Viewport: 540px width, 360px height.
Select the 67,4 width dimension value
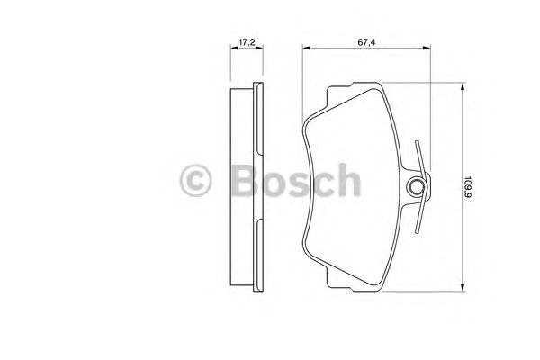tap(364, 40)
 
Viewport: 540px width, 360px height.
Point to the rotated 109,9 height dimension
tap(469, 186)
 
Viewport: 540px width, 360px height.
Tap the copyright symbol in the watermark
tap(197, 180)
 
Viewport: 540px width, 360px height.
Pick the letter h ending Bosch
tap(346, 180)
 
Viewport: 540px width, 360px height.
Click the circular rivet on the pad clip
tap(417, 187)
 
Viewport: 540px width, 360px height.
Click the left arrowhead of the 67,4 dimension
tap(303, 50)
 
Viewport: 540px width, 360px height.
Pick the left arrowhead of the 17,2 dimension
tap(233, 50)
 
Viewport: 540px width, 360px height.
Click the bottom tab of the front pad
tap(355, 286)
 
